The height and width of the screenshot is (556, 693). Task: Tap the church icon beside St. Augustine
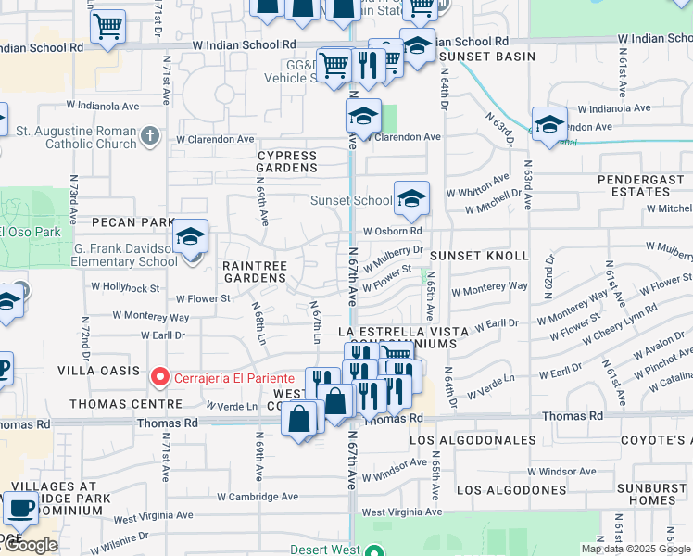click(x=151, y=138)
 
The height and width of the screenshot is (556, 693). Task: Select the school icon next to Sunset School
click(x=410, y=198)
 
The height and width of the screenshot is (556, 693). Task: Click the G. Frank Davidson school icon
click(x=190, y=238)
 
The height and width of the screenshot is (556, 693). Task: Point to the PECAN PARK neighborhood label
click(x=133, y=222)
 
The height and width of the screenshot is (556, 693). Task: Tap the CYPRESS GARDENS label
click(x=286, y=163)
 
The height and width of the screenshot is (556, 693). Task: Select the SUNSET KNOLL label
click(x=479, y=255)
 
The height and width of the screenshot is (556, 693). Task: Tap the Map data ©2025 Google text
click(x=636, y=549)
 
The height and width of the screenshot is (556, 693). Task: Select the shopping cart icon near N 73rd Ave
click(x=108, y=27)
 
